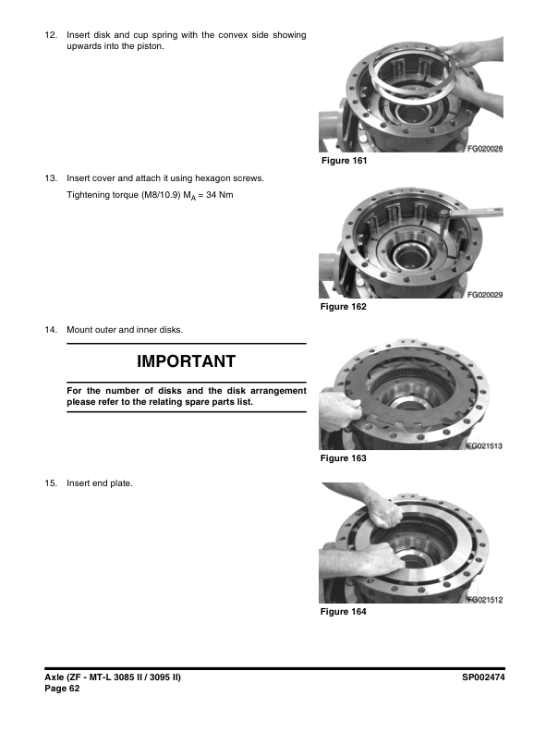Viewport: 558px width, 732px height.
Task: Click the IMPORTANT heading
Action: (x=187, y=361)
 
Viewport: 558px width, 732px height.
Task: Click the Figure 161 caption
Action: (x=345, y=161)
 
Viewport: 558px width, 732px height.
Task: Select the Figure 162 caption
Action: (x=344, y=307)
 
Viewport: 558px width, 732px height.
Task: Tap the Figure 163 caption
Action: (x=344, y=458)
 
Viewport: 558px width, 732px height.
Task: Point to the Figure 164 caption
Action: (x=344, y=612)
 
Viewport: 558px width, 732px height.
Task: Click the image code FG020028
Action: (x=485, y=149)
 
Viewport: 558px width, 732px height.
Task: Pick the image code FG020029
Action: (x=485, y=295)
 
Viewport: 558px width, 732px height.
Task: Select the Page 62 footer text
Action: (x=62, y=689)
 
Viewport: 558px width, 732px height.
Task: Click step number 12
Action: (x=51, y=35)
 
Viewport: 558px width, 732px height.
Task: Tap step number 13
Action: (x=51, y=178)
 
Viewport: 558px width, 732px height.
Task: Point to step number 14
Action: (x=51, y=330)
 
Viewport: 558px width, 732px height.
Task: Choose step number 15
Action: (x=51, y=483)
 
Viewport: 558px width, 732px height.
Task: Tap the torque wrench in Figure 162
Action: (x=470, y=213)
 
